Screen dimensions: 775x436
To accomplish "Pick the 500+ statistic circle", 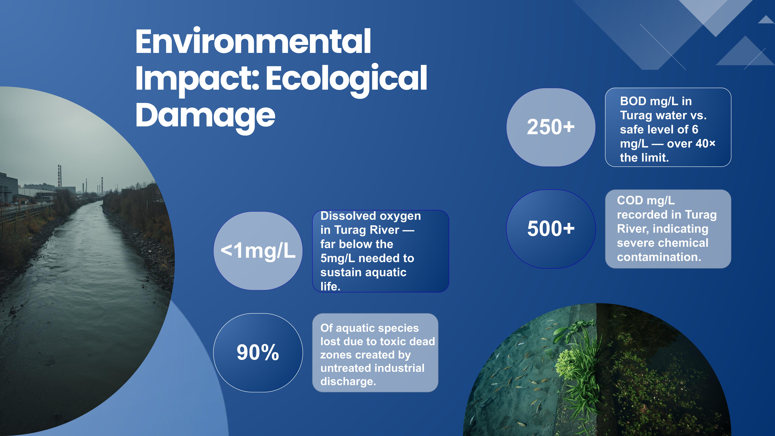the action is (551, 229).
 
